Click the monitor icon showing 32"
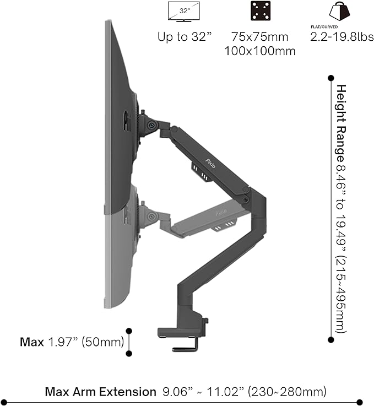tap(183, 11)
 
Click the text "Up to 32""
tap(183, 38)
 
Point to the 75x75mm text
tap(260, 38)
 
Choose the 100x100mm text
tap(260, 51)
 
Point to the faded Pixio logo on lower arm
tap(220, 212)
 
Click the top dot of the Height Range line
tap(330, 78)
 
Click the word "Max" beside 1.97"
tap(31, 342)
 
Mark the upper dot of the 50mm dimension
tap(129, 331)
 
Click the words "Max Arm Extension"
tap(100, 392)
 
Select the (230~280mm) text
tap(286, 392)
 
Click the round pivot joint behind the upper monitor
tap(149, 125)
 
